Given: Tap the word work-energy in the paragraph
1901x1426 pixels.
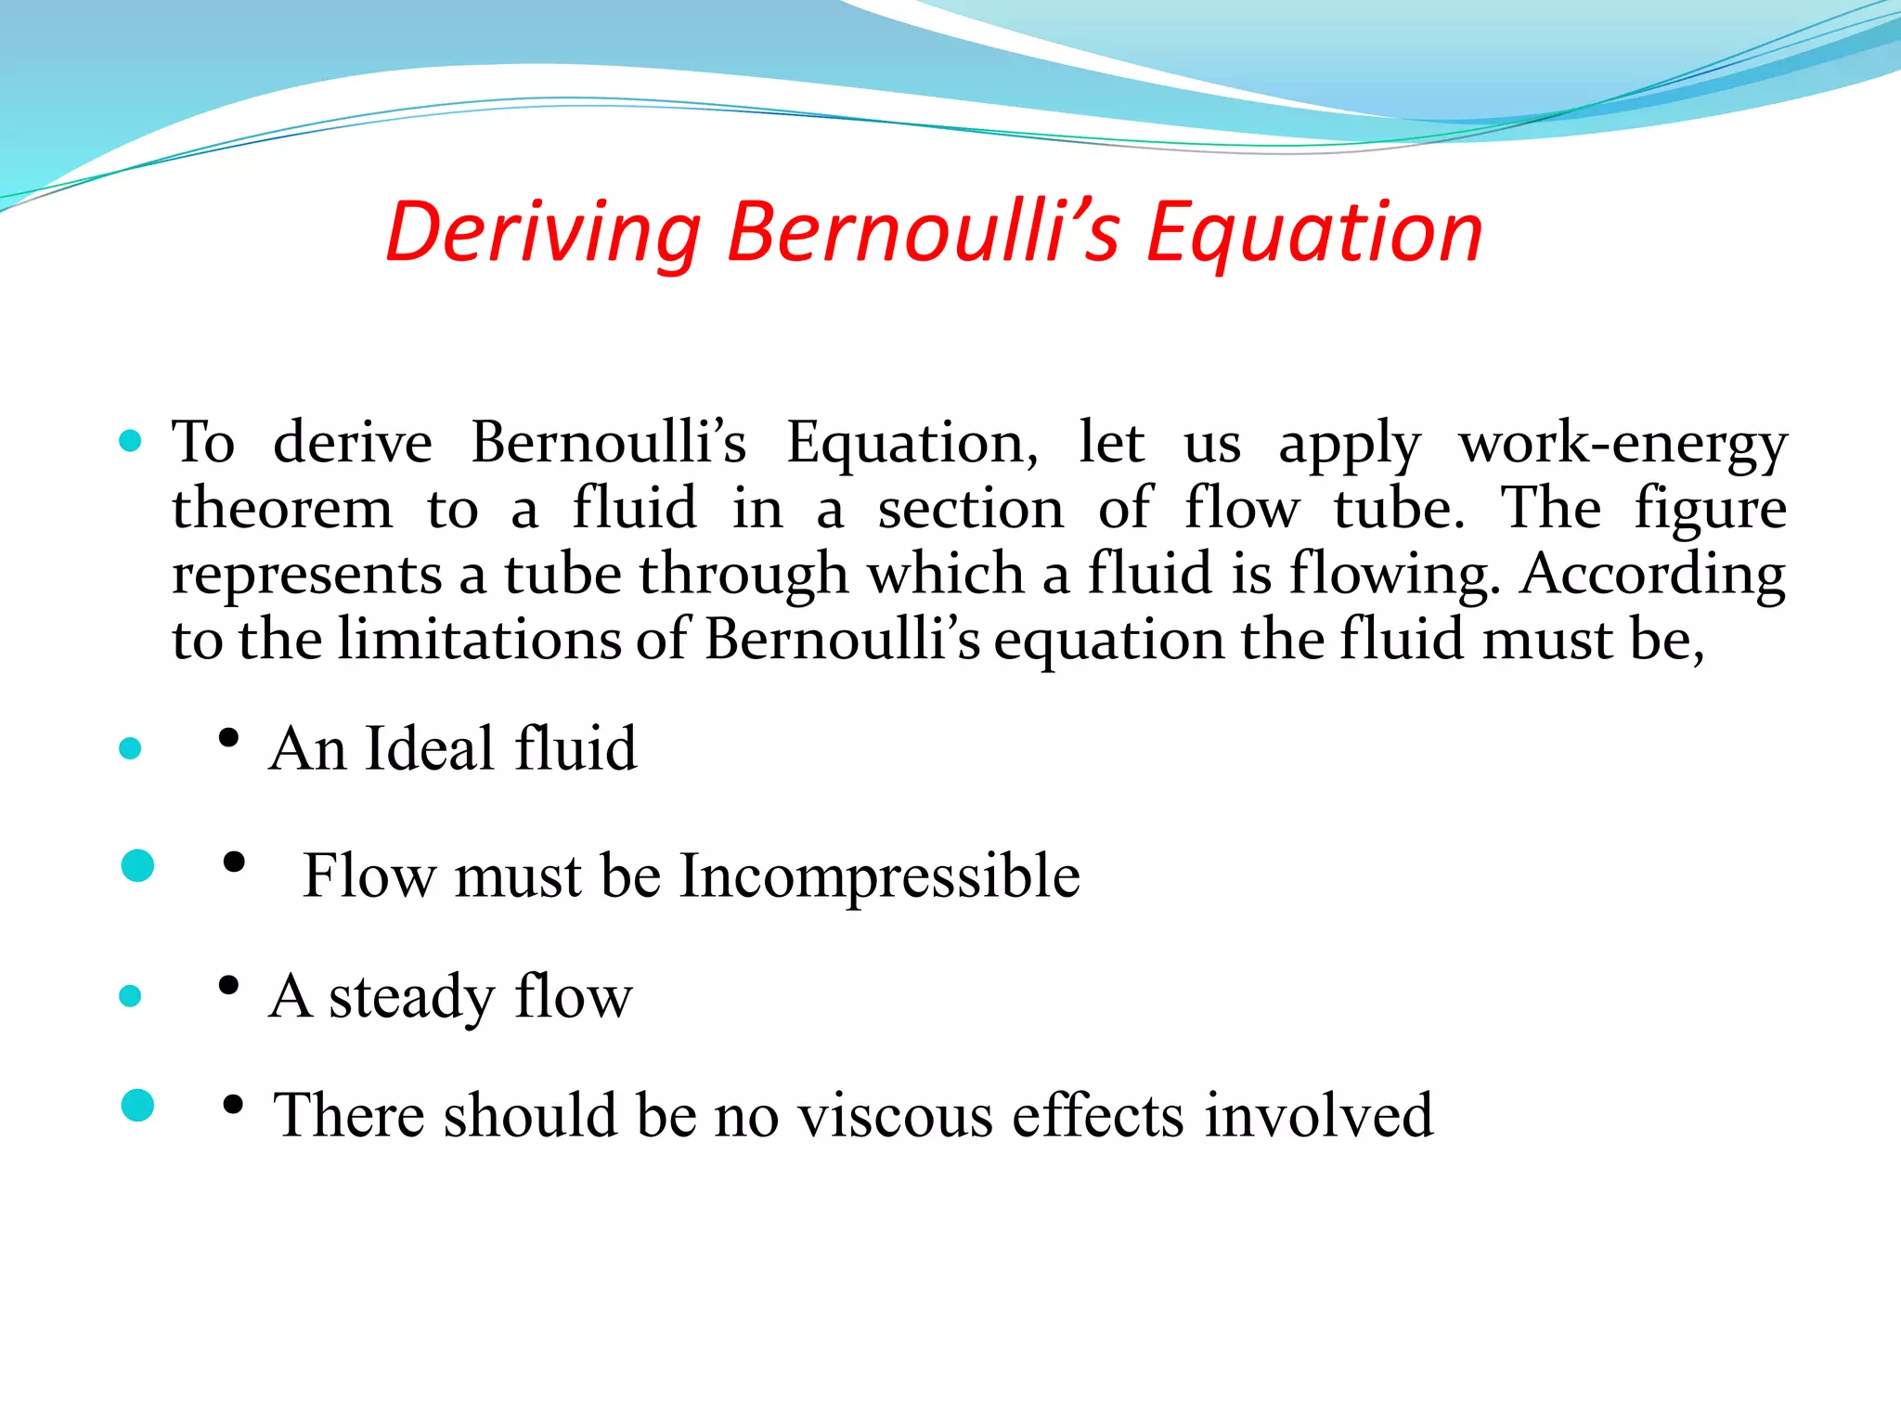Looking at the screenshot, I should (1622, 444).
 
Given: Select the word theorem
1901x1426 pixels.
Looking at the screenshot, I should (283, 509).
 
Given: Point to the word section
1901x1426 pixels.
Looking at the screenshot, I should (971, 509).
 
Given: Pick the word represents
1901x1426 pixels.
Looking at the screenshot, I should (307, 575).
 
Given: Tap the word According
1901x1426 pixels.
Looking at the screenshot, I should (1652, 575).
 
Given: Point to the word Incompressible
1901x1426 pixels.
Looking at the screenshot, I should (879, 876).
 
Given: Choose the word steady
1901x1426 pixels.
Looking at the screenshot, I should (411, 997).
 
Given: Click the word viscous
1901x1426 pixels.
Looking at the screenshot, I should (895, 1115).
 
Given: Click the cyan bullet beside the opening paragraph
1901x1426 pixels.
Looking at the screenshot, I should (131, 441).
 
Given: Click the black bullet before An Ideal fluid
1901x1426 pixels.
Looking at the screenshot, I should (228, 739).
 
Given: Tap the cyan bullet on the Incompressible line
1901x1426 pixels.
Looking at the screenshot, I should (138, 866).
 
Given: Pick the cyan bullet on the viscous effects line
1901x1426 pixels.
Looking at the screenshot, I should (138, 1106).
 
